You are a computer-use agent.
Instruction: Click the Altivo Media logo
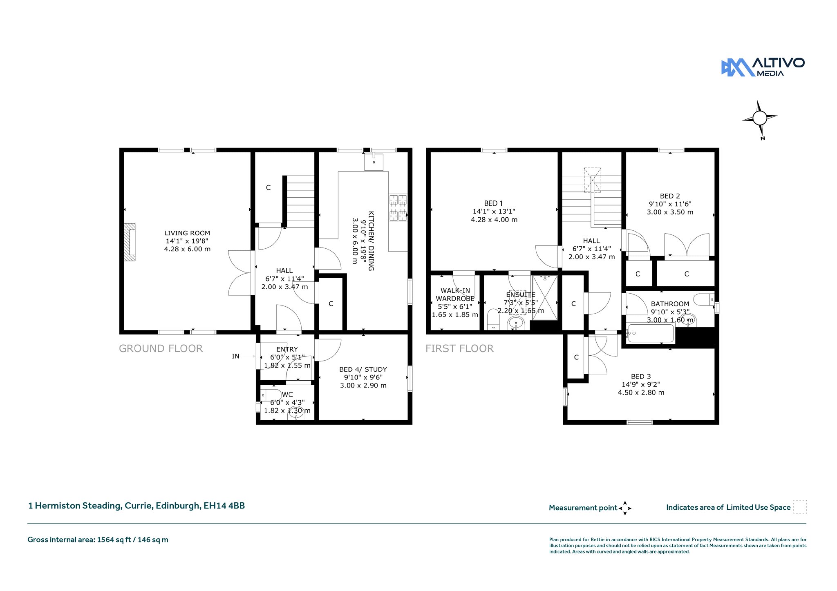(763, 67)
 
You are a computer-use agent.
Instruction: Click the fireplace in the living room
(130, 242)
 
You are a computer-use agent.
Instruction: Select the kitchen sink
(374, 162)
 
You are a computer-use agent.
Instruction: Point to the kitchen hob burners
(398, 208)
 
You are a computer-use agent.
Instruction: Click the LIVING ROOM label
(187, 233)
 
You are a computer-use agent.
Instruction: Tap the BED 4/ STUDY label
(363, 369)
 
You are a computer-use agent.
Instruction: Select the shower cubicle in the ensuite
(545, 297)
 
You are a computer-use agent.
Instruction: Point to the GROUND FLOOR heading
(161, 348)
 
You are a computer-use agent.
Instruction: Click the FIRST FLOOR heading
(459, 348)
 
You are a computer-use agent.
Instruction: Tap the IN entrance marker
(235, 356)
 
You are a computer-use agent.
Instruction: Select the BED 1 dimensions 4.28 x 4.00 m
(494, 220)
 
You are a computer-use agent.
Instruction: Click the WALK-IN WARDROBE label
(455, 294)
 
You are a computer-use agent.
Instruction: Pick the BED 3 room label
(641, 377)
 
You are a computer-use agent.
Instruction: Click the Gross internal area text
(98, 540)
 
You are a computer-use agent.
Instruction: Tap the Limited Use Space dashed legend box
(800, 507)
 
